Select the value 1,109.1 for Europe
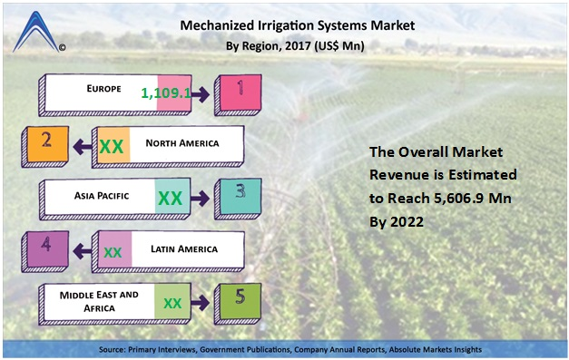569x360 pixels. pyautogui.click(x=166, y=92)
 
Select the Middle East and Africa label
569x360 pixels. pyautogui.click(x=99, y=300)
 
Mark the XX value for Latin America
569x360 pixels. pyautogui.click(x=113, y=250)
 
